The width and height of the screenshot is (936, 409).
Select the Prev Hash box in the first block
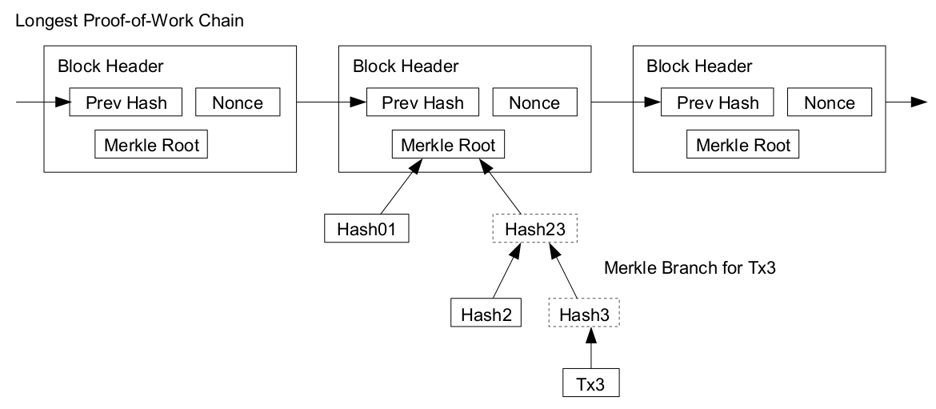(x=126, y=102)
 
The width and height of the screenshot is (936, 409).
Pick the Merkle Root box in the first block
(x=151, y=146)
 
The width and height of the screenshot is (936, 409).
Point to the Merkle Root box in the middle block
(x=448, y=146)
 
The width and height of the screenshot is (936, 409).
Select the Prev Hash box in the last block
(x=718, y=102)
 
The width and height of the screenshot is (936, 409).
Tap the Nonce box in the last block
(x=829, y=102)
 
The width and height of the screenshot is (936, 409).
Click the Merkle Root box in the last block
(x=743, y=146)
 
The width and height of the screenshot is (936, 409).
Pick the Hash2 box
(x=486, y=312)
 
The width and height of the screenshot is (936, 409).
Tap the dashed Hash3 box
(x=584, y=312)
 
